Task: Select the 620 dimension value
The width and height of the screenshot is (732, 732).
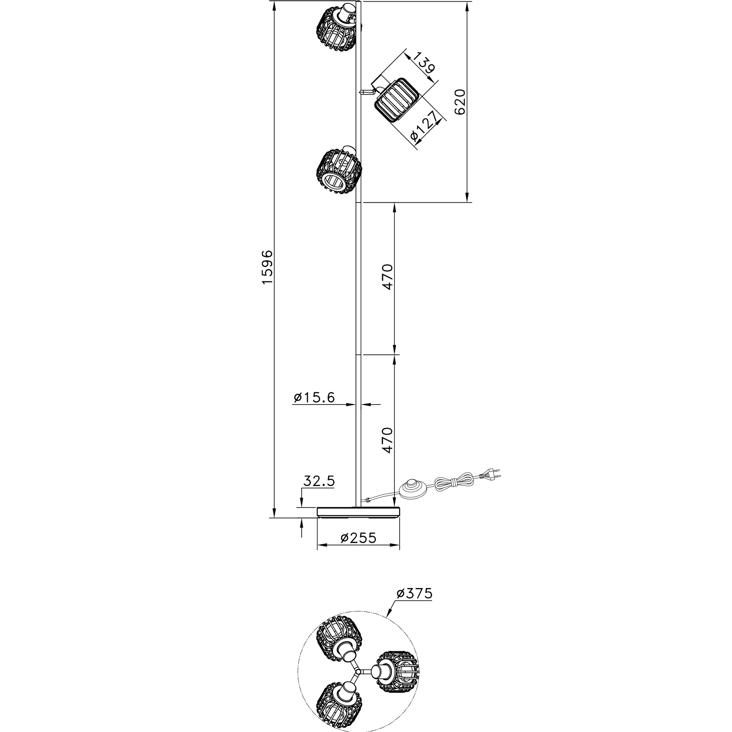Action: [460, 102]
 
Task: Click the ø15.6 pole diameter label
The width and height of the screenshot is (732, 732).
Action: [314, 397]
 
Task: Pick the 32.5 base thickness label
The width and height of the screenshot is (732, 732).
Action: [319, 481]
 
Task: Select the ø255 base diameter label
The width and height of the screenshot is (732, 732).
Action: [358, 538]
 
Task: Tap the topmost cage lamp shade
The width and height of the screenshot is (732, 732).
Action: [337, 27]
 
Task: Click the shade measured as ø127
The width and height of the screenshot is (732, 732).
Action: [396, 100]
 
